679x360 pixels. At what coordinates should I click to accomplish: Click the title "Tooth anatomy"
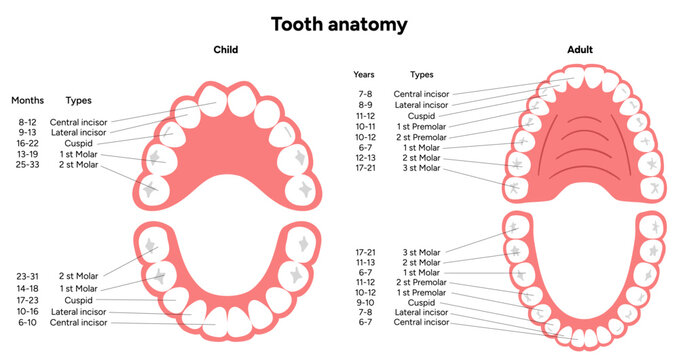339,21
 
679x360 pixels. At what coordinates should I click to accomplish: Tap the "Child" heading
225,49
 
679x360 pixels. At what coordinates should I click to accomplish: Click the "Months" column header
27,101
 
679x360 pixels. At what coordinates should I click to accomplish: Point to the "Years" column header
364,74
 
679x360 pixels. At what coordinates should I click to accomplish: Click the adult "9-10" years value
367,302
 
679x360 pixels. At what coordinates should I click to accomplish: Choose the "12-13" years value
367,157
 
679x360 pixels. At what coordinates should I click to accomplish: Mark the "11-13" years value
367,262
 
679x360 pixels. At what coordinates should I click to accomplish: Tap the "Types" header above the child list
79,101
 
